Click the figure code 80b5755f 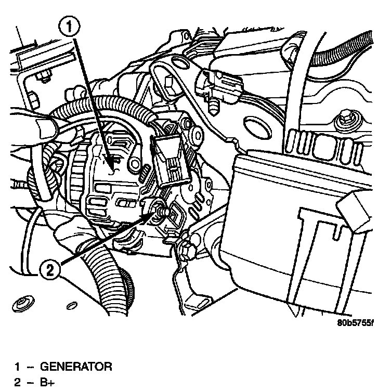tap(355, 322)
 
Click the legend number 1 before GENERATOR tap(17, 367)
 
